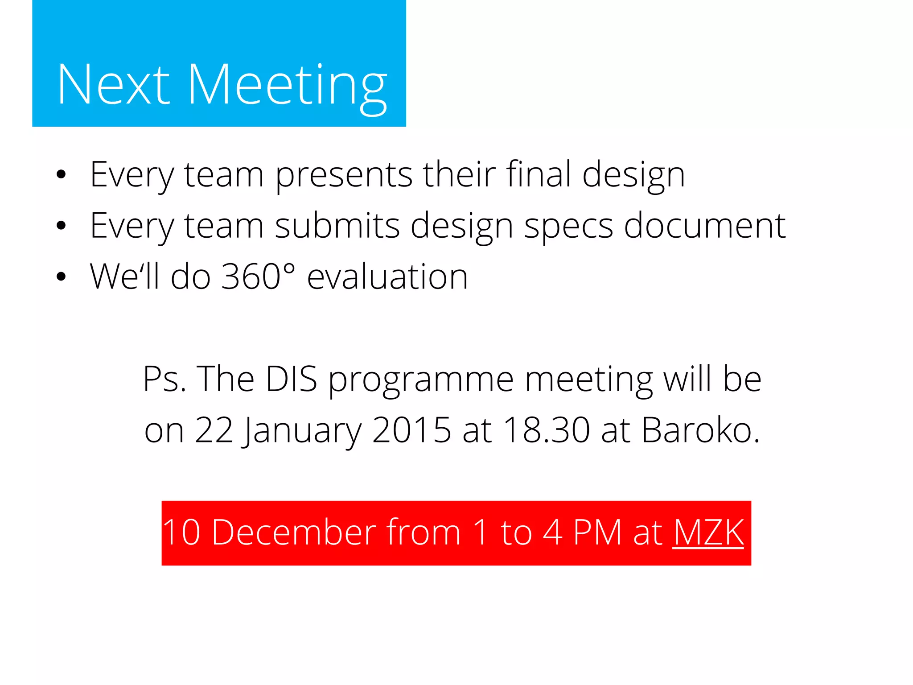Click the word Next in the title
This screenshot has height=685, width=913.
pyautogui.click(x=113, y=85)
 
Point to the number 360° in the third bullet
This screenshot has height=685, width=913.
pyautogui.click(x=258, y=277)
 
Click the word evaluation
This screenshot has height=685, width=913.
pyautogui.click(x=387, y=277)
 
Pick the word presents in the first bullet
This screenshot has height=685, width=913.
pyautogui.click(x=343, y=175)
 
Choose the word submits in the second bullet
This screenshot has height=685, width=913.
pyautogui.click(x=337, y=226)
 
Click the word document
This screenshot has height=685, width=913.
pyautogui.click(x=704, y=226)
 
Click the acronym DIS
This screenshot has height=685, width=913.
pyautogui.click(x=291, y=379)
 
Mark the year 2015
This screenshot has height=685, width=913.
pyautogui.click(x=411, y=430)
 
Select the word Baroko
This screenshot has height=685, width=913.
pyautogui.click(x=700, y=430)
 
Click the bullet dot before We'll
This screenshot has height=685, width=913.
pyautogui.click(x=61, y=277)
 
